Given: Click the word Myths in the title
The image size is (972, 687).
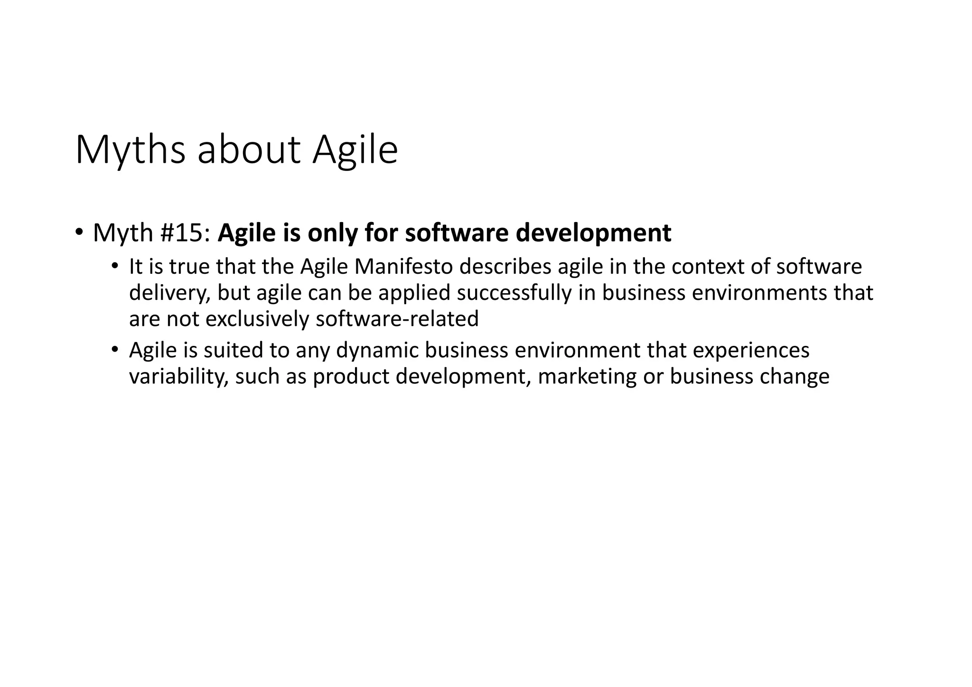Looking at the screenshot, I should click(x=130, y=150).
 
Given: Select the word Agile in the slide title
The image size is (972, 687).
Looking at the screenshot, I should click(x=355, y=150).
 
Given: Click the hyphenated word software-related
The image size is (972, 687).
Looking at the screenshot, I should click(x=397, y=319).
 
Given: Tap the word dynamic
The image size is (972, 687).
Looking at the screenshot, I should click(x=377, y=351).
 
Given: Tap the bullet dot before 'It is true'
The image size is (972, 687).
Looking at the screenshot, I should click(x=115, y=267).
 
